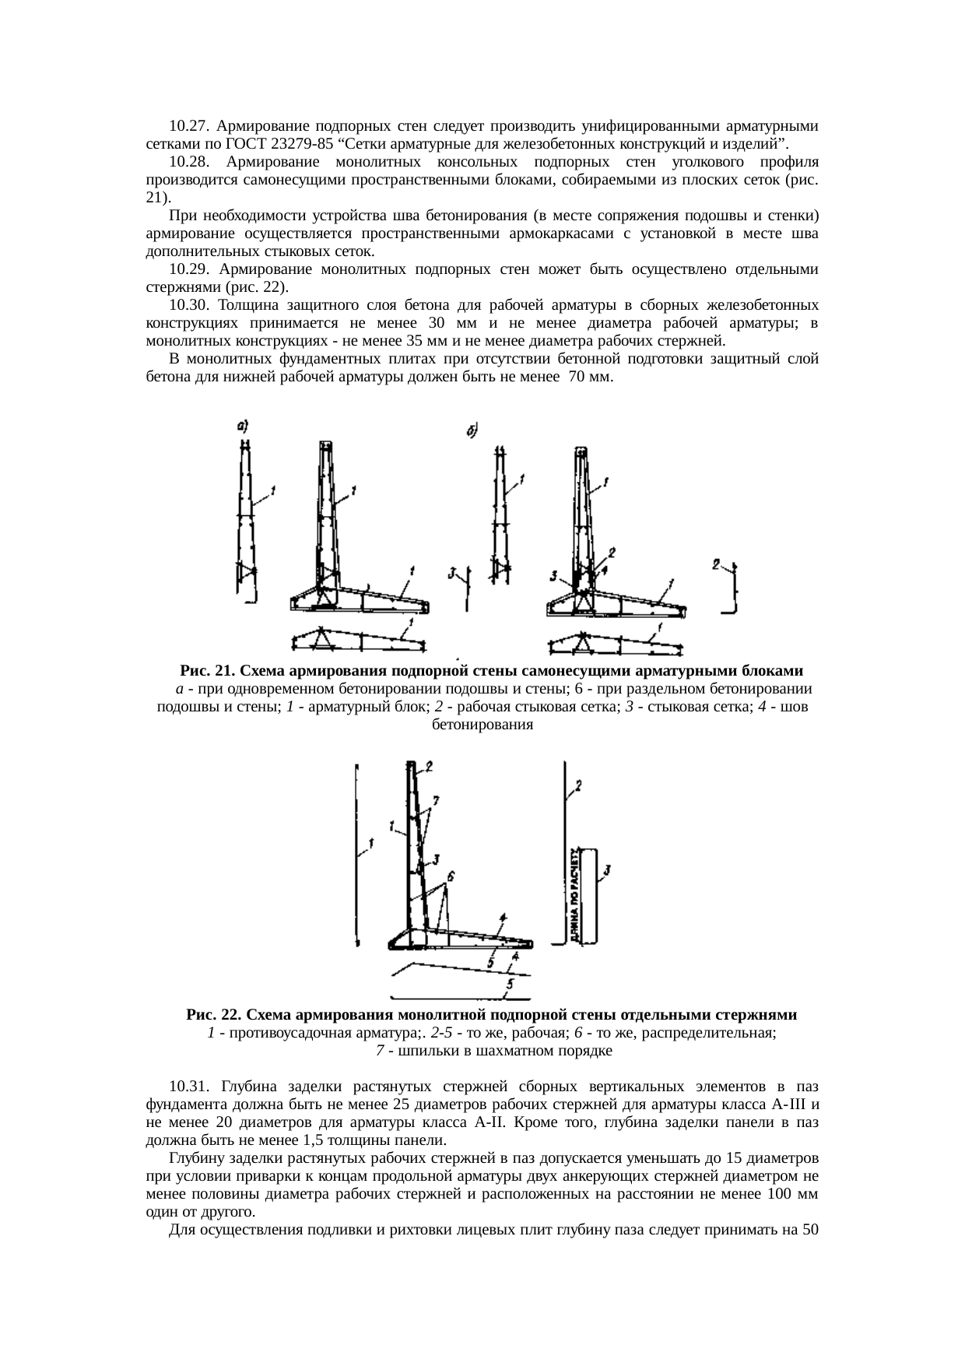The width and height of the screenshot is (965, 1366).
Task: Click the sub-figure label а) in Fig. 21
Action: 242,426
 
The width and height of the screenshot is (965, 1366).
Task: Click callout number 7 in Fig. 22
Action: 436,799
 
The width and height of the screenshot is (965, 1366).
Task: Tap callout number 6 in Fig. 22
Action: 451,876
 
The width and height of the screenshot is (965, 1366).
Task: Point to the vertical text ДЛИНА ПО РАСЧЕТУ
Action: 574,895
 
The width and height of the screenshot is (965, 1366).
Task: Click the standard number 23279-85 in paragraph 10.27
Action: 304,144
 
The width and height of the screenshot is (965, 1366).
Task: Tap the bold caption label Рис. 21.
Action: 207,671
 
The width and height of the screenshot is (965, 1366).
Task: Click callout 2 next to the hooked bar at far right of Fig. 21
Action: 717,564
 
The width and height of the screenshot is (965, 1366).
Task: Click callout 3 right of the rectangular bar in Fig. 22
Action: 608,869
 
